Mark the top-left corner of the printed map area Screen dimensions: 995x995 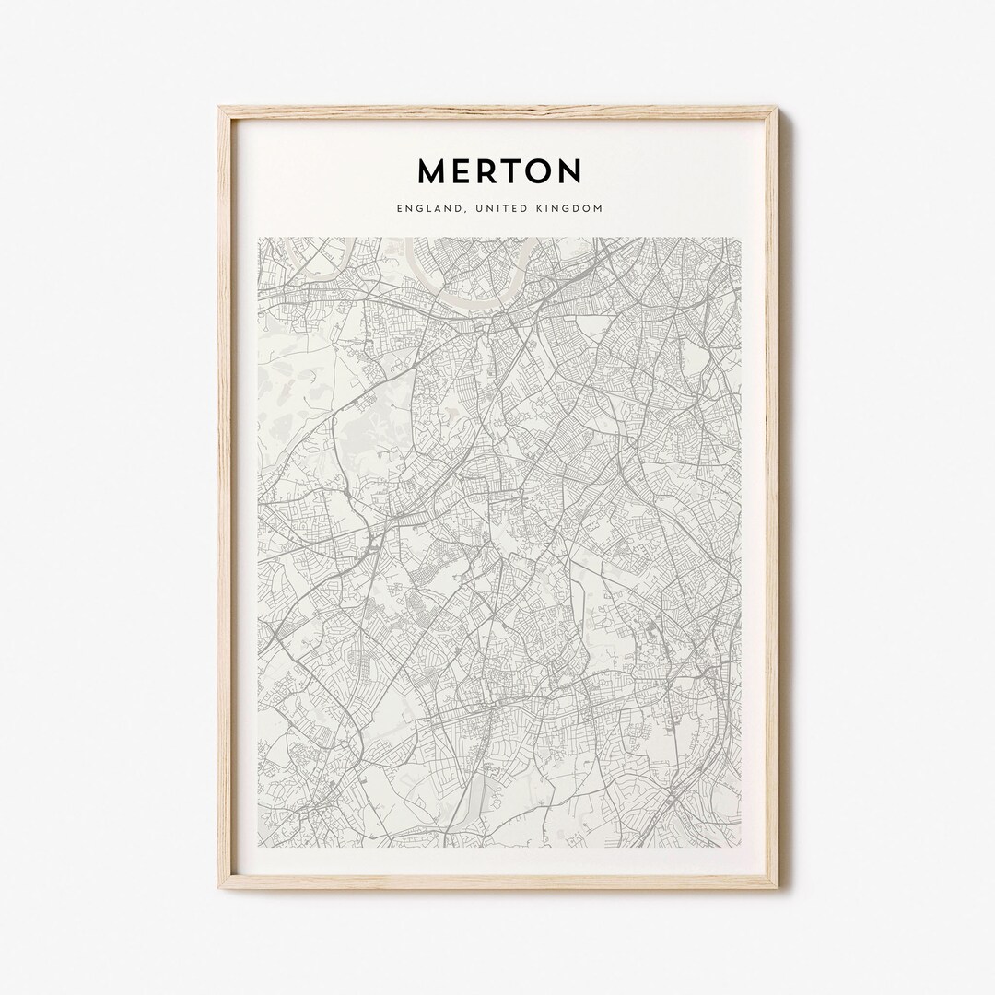pos(259,238)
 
